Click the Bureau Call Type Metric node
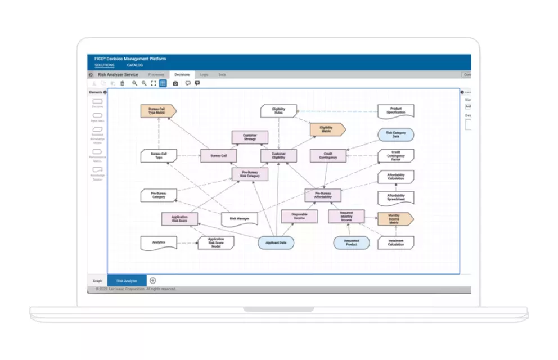point(158,110)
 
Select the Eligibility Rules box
point(278,111)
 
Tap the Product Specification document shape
point(395,111)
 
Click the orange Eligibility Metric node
point(327,129)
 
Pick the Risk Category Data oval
point(395,134)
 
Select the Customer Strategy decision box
point(250,137)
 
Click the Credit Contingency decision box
point(328,156)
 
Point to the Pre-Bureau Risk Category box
point(250,174)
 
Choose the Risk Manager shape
point(239,218)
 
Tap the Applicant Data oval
point(276,242)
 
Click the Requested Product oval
point(351,242)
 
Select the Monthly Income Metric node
point(395,218)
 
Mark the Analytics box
point(158,242)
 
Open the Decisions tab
point(182,74)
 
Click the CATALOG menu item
point(134,65)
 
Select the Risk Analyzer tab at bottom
point(127,280)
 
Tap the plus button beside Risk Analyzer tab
point(152,280)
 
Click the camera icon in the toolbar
point(175,83)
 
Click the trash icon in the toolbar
point(122,83)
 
